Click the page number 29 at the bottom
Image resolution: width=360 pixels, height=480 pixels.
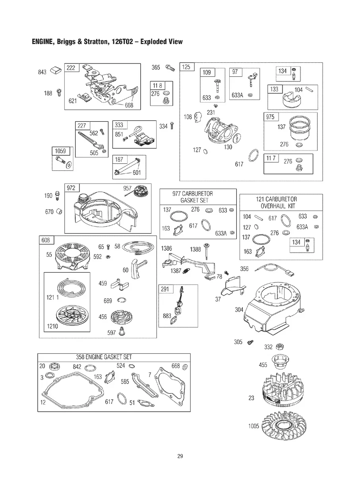[x=180, y=456]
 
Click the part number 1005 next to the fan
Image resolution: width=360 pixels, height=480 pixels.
[x=254, y=426]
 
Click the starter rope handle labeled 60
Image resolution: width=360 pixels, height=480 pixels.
[x=138, y=268]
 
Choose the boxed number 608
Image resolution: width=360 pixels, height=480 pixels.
[x=46, y=240]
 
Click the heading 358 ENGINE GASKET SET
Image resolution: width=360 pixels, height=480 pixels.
[x=104, y=357]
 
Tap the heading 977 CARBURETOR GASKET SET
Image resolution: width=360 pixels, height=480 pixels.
[x=193, y=197]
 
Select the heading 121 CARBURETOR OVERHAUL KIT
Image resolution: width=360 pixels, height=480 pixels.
[x=277, y=203]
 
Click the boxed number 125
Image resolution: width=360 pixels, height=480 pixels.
[x=186, y=67]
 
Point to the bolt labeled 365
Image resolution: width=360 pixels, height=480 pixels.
[x=170, y=68]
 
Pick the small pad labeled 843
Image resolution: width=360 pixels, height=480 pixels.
[x=56, y=70]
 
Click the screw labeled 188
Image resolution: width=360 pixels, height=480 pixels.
[x=59, y=92]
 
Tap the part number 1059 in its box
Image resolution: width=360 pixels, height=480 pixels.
[x=60, y=151]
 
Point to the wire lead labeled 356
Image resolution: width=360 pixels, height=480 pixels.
[x=275, y=269]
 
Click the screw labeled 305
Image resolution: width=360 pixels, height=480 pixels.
[x=250, y=342]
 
